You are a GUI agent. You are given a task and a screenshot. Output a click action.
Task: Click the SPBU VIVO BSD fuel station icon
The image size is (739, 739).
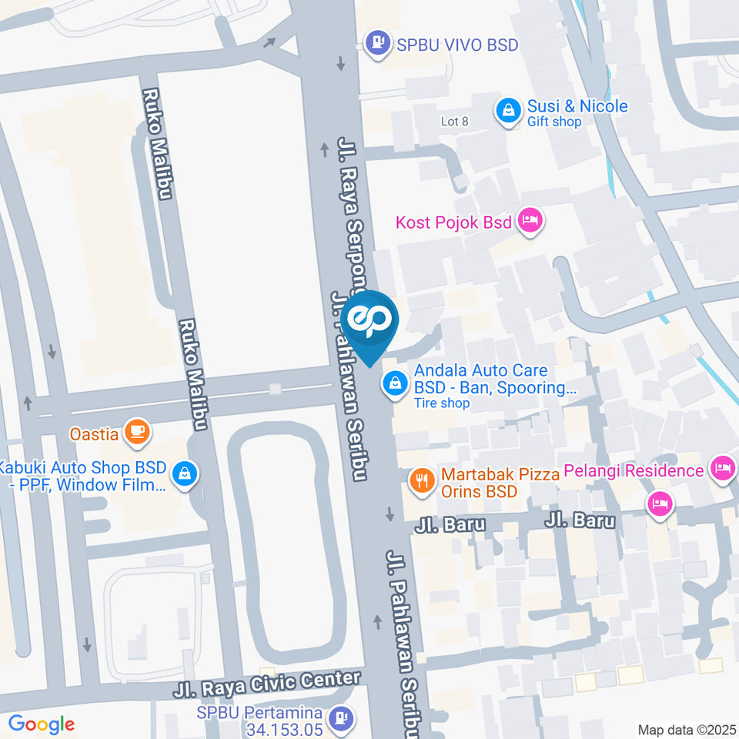[x=377, y=44]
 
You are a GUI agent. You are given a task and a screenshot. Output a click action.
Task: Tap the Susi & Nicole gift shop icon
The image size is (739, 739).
[x=508, y=112]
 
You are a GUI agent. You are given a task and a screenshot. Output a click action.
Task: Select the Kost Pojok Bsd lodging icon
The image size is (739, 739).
[x=530, y=222]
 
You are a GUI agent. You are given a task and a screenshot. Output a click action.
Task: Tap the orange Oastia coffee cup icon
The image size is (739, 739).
[x=138, y=433]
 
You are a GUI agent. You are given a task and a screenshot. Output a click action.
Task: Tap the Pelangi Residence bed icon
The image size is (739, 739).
[x=721, y=469]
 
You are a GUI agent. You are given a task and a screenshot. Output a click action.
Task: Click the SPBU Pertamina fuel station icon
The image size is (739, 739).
[x=340, y=719]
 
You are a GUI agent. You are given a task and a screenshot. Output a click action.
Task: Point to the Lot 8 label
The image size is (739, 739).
[x=454, y=122]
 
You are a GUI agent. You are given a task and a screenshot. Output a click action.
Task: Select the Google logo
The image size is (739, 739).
[x=42, y=724]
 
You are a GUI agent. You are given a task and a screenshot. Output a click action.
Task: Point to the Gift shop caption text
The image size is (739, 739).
[x=554, y=122]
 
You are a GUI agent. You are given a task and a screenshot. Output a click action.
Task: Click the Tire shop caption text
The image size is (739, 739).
[x=442, y=403]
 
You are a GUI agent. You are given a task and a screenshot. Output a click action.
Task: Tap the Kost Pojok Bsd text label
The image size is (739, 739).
[x=453, y=222]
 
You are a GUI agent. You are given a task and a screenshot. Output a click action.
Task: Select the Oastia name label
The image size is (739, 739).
[x=94, y=433]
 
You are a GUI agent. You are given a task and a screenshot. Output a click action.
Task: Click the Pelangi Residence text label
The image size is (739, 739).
[x=634, y=470]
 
